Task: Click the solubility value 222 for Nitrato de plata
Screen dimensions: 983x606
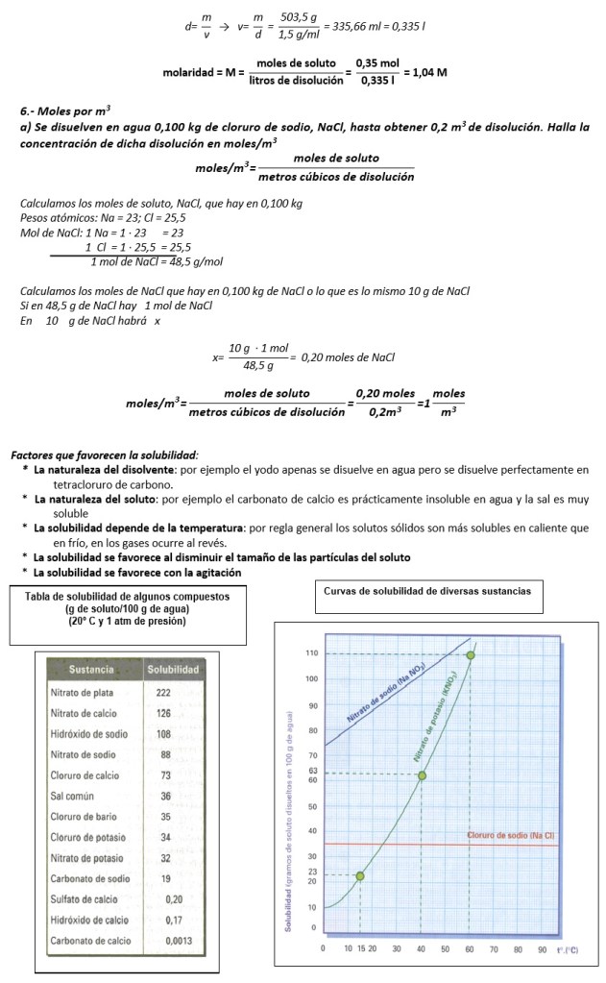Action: [163, 692]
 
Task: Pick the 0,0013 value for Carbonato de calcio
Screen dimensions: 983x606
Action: [173, 942]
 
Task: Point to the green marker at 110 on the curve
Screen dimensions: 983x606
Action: [471, 655]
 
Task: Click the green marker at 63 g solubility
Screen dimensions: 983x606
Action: [422, 774]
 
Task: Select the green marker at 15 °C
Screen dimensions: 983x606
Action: [360, 875]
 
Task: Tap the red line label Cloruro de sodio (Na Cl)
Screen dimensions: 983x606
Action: [510, 835]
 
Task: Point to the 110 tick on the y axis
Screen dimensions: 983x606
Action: [311, 653]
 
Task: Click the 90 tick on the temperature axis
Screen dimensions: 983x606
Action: [543, 949]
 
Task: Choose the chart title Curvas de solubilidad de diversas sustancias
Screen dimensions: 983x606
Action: [426, 590]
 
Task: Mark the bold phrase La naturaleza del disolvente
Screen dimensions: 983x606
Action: [104, 469]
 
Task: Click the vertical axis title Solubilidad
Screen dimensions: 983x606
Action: [288, 904]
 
